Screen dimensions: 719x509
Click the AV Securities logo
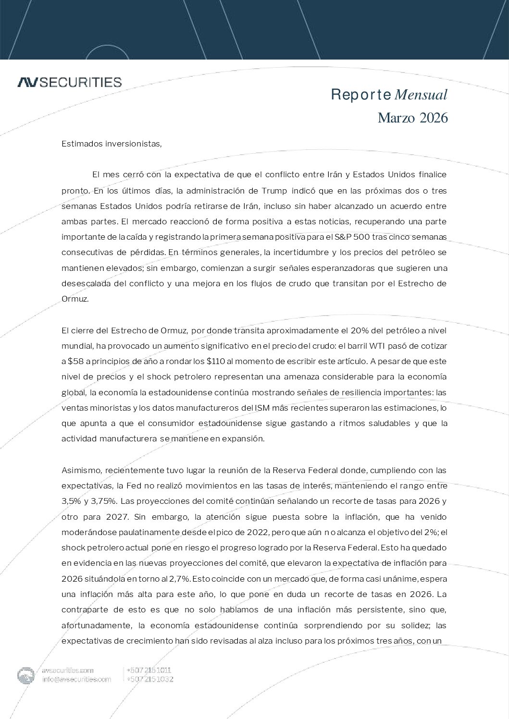tap(70, 82)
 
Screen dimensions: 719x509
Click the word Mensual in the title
tap(421, 95)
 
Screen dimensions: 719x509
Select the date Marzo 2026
tap(412, 118)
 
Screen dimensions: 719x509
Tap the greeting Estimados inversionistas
tap(112, 144)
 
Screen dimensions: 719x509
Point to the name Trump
tap(274, 191)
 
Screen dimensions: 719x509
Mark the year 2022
tap(245, 532)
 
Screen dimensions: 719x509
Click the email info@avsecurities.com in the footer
tap(76, 679)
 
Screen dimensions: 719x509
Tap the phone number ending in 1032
tap(149, 679)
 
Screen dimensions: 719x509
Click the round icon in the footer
tap(26, 675)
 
